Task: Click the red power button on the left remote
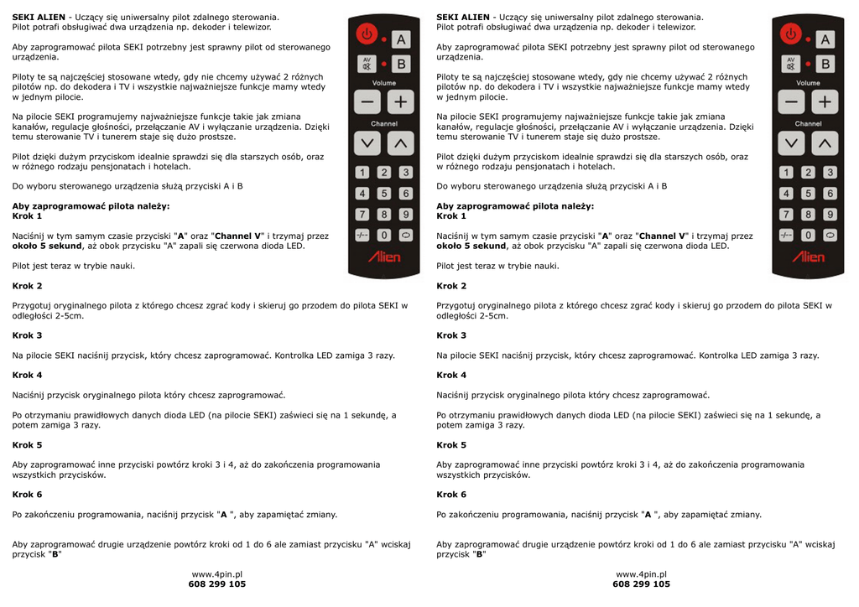coord(367,35)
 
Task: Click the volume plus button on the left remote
coord(401,102)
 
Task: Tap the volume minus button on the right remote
coord(791,102)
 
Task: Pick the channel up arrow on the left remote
coord(401,143)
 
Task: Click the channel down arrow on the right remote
coord(791,143)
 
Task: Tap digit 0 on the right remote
coord(809,236)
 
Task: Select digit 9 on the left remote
coord(406,215)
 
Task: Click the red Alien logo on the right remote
coord(809,257)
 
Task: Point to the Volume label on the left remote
coord(384,83)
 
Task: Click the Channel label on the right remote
coord(809,124)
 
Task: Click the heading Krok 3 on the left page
coord(27,335)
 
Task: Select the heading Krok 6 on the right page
coord(451,495)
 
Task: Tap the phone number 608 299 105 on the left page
coord(217,584)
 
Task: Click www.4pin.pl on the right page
coord(641,573)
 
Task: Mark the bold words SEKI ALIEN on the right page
coord(463,17)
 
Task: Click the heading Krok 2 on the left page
coord(27,286)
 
